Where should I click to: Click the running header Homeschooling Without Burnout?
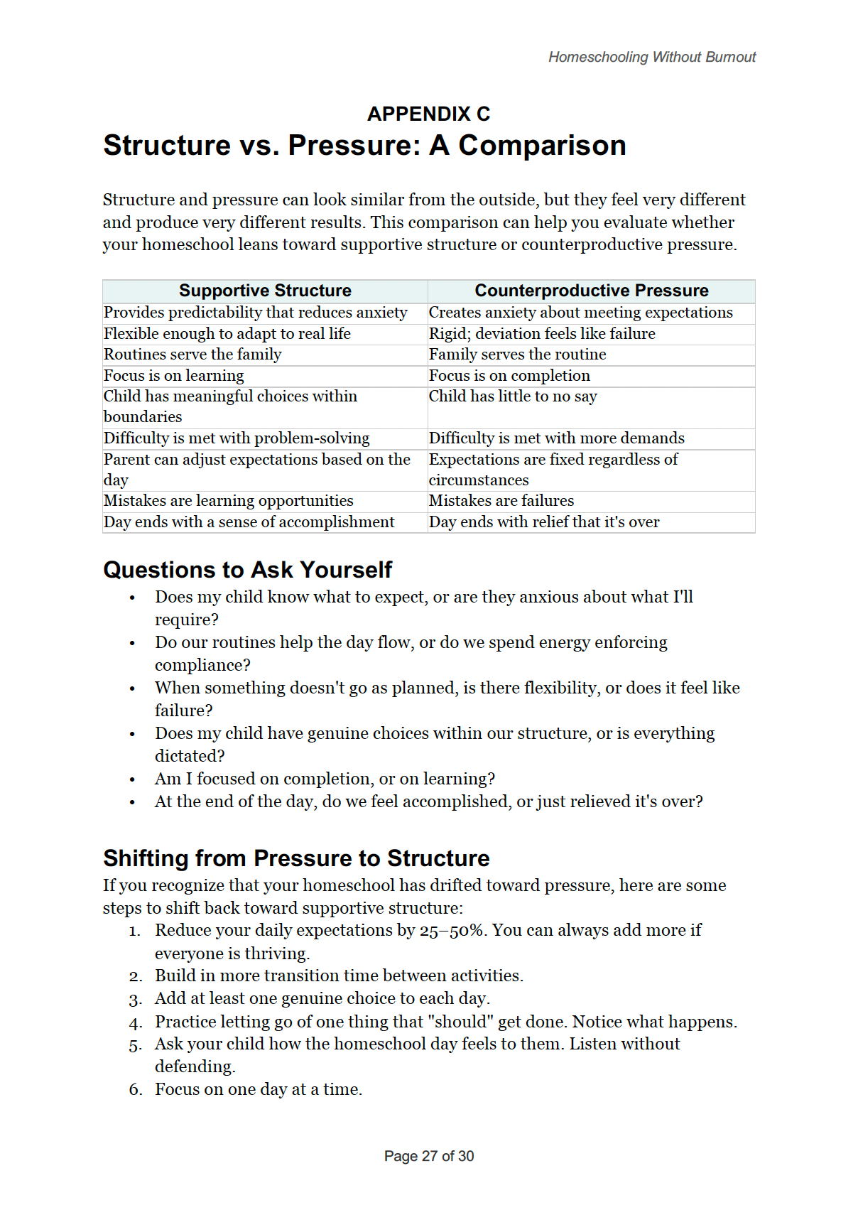[651, 57]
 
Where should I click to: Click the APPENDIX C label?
[428, 114]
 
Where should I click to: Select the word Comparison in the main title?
[542, 146]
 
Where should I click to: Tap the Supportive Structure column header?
[265, 291]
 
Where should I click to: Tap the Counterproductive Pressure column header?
[591, 291]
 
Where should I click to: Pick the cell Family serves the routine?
[517, 355]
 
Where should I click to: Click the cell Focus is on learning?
[174, 376]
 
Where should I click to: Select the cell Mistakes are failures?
[501, 501]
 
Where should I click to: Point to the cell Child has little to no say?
[513, 396]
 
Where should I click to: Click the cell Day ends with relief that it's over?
[544, 522]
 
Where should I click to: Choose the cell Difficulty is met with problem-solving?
[237, 438]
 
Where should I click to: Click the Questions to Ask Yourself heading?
[247, 570]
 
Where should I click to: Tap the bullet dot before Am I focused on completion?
[132, 780]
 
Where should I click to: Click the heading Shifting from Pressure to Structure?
[296, 858]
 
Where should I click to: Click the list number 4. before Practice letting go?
[136, 1023]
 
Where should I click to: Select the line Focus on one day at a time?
[259, 1090]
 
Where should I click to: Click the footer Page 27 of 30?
[428, 1156]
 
